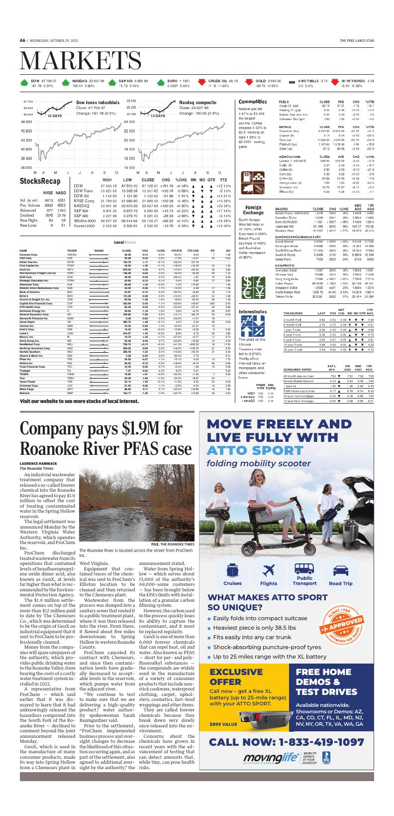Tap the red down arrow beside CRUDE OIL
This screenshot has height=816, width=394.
(x=202, y=83)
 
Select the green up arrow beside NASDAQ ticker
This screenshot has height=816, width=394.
(x=66, y=83)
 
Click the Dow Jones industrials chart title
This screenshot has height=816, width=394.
(x=98, y=102)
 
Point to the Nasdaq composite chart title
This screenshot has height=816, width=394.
(x=197, y=102)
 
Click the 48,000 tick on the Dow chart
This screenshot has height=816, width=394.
(x=26, y=122)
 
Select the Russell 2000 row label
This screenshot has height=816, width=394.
(x=84, y=226)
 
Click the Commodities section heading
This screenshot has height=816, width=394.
(x=253, y=102)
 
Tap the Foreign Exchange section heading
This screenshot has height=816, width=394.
(x=253, y=210)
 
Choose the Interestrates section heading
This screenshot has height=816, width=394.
(x=253, y=312)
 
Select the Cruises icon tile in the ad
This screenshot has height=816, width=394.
(x=232, y=574)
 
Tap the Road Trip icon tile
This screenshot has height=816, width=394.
(x=340, y=574)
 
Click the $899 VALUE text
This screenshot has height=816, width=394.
(x=223, y=724)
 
